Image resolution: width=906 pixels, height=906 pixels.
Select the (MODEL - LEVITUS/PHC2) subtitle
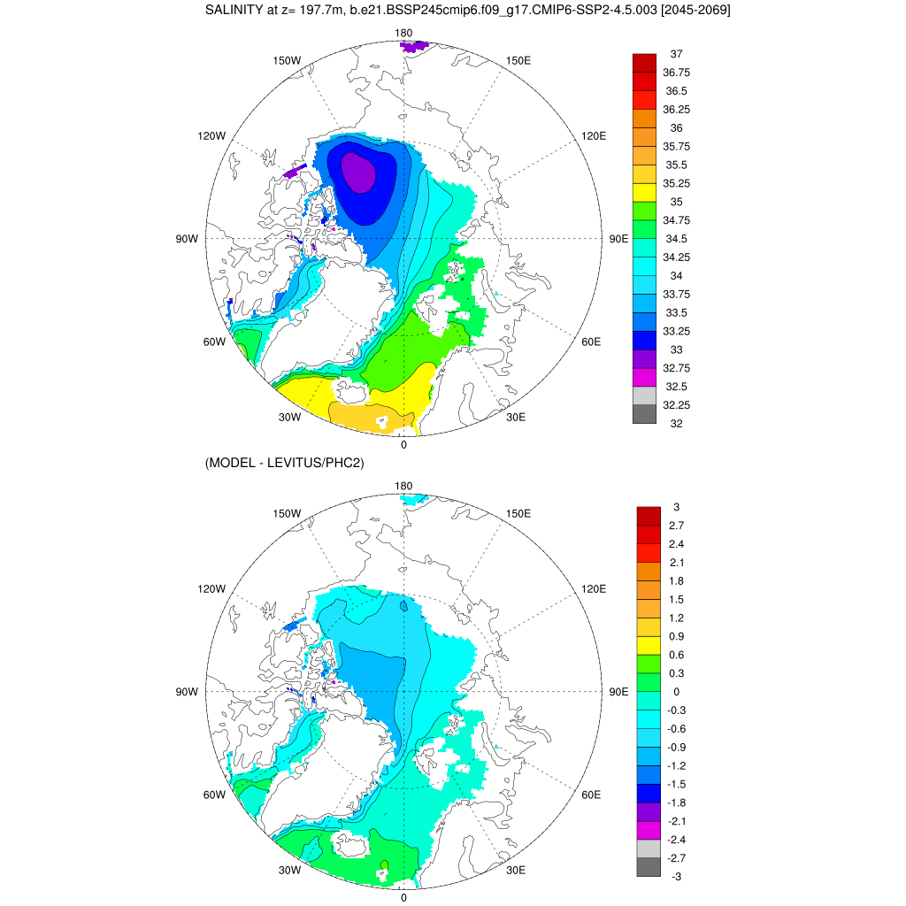click(284, 463)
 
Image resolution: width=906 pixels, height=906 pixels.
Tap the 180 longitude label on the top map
click(404, 33)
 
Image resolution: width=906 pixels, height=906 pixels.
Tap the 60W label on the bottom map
click(214, 795)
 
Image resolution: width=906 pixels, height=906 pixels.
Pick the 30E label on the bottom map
click(516, 870)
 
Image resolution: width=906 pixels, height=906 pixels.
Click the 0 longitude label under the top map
click(403, 444)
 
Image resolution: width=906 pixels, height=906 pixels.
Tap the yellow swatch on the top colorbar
click(644, 192)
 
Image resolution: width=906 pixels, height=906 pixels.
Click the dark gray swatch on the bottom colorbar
click(649, 867)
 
